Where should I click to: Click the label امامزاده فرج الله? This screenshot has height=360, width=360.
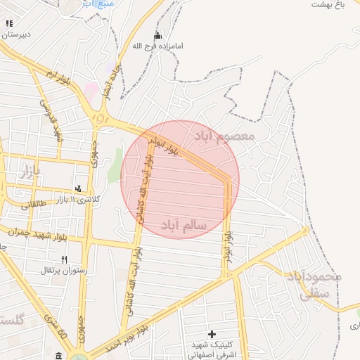(158, 46)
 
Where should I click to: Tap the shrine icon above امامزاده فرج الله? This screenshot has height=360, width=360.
(157, 35)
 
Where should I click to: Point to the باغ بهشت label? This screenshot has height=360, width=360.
(332, 4)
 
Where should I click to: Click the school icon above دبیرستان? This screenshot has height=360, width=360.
(8, 23)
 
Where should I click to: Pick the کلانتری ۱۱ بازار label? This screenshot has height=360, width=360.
(77, 200)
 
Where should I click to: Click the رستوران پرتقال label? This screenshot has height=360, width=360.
(62, 270)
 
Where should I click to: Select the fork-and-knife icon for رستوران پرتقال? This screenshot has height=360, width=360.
(64, 259)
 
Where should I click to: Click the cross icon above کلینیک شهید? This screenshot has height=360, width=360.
(212, 333)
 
